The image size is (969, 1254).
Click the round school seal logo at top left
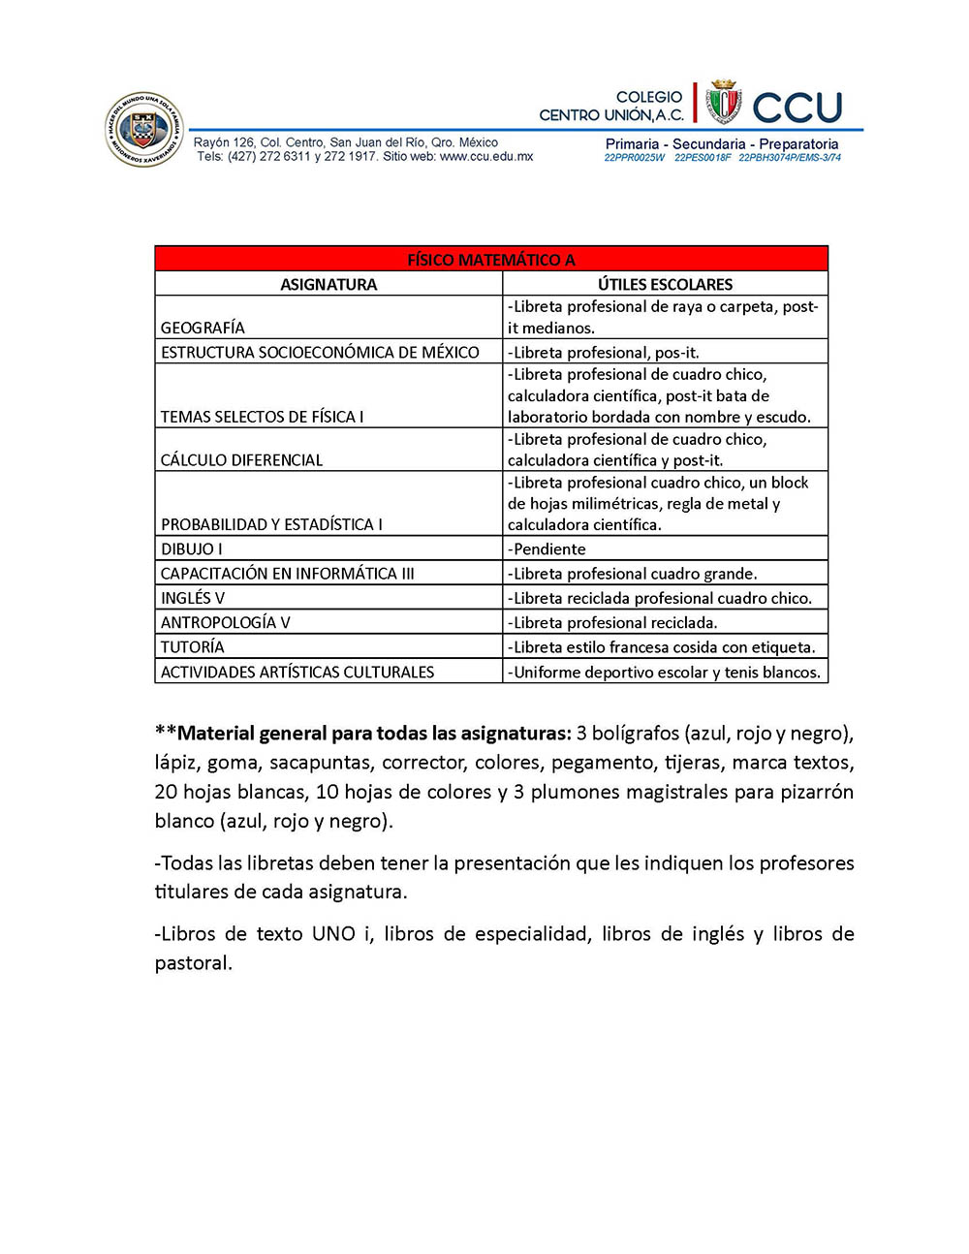(143, 130)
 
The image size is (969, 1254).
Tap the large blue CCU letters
(797, 108)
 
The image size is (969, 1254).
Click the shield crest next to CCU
(724, 103)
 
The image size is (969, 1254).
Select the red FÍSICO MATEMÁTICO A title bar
(491, 259)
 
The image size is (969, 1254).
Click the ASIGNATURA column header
(328, 284)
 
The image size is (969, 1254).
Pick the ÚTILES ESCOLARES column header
(665, 284)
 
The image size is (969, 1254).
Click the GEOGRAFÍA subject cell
(203, 328)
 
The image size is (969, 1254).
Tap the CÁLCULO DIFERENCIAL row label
(242, 460)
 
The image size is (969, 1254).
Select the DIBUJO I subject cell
(192, 549)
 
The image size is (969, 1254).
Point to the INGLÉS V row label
(193, 598)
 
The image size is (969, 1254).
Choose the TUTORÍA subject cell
(193, 646)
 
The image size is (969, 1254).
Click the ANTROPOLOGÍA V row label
(226, 622)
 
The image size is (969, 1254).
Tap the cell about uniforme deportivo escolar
(665, 672)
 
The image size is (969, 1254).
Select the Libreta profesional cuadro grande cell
(634, 573)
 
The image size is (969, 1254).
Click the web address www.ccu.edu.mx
(486, 156)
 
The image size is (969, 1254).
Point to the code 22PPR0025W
(635, 157)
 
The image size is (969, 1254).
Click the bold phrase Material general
(249, 733)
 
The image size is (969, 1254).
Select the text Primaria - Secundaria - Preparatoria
(722, 143)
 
